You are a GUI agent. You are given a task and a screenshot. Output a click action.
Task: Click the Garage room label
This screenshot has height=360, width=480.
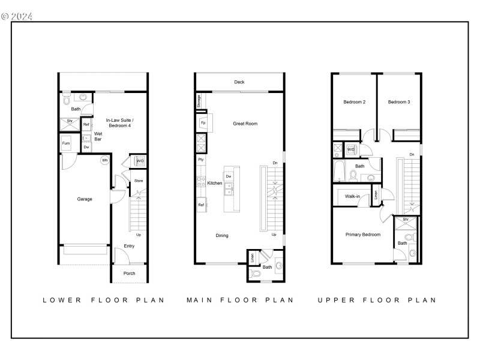pos(84,199)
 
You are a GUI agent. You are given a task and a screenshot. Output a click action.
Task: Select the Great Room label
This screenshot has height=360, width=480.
pos(245,124)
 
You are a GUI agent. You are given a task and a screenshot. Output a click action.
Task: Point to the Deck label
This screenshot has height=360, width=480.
pos(239,82)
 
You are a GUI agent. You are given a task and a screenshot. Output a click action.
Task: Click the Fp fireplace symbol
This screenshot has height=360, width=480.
pos(202,123)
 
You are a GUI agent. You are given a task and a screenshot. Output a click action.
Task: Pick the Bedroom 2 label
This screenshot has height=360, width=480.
pos(354,102)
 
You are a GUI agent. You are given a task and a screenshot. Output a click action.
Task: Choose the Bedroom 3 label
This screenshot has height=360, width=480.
pos(398,102)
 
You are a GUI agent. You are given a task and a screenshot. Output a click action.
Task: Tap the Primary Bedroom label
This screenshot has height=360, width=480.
pos(362,235)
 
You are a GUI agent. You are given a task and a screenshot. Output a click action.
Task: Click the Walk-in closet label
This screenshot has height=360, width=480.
pos(352,196)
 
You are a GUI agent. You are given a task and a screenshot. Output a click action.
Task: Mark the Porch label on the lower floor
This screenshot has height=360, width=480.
pos(129,274)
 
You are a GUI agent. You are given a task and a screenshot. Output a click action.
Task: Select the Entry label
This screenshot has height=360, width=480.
pos(129,246)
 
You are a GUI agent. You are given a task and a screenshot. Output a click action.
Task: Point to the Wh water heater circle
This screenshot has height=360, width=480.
pos(104,160)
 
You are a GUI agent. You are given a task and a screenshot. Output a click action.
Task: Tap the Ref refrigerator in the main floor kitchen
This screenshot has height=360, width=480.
pos(201,205)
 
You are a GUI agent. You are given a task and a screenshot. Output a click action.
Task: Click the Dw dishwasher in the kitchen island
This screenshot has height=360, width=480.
pos(229,176)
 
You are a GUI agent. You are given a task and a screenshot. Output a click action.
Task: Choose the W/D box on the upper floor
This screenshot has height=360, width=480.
pos(350,149)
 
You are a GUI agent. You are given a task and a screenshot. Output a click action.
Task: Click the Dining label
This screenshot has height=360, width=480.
pos(222,236)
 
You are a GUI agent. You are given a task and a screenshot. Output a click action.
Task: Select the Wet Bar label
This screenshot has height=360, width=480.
pos(98,136)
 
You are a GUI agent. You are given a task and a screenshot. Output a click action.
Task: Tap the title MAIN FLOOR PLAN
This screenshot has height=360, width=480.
pos(240,300)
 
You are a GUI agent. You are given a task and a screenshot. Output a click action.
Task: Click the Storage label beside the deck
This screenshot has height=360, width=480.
pos(199,101)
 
